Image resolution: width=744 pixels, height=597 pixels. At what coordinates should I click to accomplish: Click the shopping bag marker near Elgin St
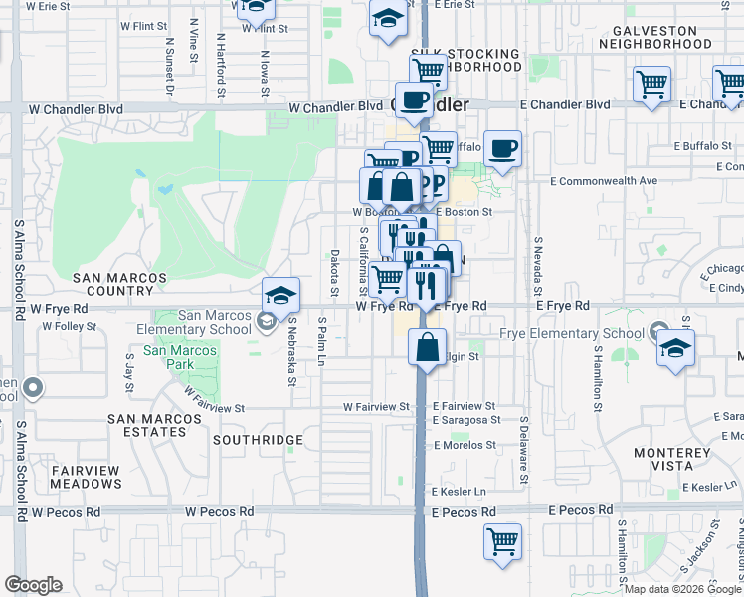point(427,349)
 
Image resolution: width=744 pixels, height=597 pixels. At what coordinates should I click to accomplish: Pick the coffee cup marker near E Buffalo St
point(503,149)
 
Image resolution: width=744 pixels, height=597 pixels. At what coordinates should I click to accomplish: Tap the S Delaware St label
point(523,451)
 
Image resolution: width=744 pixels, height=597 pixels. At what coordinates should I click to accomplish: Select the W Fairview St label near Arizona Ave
point(377,406)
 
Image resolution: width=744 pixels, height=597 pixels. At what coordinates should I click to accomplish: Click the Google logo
point(33,585)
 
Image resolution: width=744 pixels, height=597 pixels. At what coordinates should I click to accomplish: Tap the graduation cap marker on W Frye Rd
point(281,295)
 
